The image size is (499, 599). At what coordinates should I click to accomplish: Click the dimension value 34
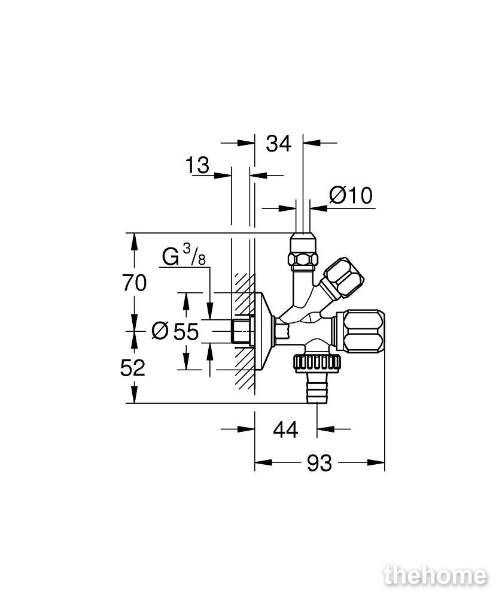(278, 144)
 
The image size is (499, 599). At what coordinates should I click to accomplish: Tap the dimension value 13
(197, 165)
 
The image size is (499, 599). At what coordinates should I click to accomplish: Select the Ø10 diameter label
(351, 196)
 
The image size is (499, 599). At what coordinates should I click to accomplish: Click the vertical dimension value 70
(134, 283)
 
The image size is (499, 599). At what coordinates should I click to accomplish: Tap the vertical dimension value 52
(133, 368)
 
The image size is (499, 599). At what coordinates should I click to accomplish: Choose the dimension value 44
(285, 430)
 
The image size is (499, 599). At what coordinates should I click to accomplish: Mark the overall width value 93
(320, 464)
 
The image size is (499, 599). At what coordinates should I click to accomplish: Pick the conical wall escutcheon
(263, 331)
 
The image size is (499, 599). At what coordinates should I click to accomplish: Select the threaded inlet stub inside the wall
(241, 331)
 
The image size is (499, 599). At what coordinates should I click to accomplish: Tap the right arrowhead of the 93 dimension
(376, 462)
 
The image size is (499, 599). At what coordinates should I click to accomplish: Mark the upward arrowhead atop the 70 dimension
(134, 241)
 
